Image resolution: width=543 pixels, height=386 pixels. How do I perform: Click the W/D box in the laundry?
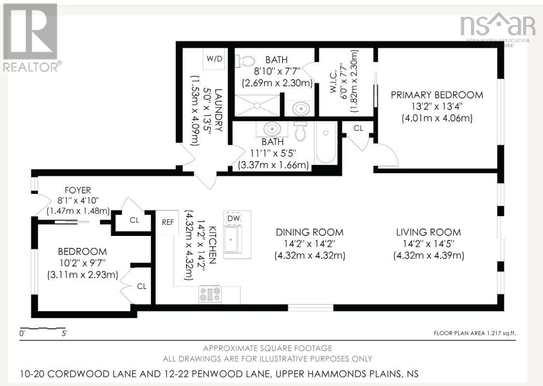(214, 59)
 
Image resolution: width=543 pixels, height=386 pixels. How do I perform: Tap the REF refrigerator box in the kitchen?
(167, 222)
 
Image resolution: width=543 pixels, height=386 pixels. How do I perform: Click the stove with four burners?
(210, 294)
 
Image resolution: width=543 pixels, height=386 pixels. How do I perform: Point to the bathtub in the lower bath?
(325, 143)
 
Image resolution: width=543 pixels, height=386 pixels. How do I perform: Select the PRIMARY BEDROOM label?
(437, 95)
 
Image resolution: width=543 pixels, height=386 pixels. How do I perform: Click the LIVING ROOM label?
(429, 232)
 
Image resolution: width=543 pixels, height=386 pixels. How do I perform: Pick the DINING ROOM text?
(310, 232)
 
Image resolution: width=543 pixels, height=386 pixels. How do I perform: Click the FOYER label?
(78, 190)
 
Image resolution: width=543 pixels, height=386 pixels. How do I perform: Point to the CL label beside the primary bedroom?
(358, 128)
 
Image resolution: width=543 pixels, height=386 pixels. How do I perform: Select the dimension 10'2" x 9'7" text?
(82, 263)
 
